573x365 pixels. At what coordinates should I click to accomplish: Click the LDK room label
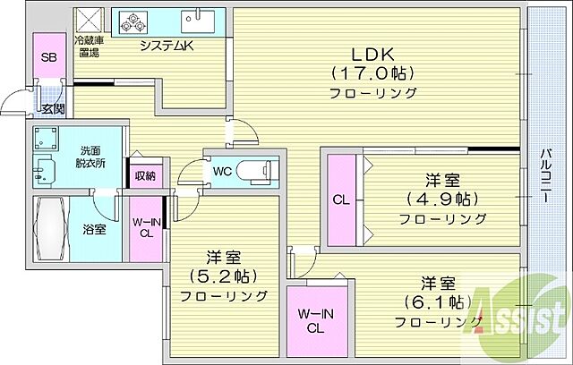[x=372, y=52]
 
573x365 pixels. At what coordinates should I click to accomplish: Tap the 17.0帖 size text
[x=372, y=72]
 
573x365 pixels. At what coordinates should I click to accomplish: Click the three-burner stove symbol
[x=133, y=21]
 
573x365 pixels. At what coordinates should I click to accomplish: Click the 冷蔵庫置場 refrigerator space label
[x=87, y=47]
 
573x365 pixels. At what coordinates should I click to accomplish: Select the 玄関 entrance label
[x=53, y=109]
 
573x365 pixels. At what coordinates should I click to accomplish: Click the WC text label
[x=222, y=170]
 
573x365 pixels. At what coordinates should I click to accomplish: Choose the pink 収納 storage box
[x=144, y=175]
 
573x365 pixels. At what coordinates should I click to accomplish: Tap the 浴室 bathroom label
[x=93, y=229]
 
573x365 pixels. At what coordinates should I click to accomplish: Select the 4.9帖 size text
[x=442, y=198]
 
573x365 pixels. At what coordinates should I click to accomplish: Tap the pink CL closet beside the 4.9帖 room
[x=341, y=199]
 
